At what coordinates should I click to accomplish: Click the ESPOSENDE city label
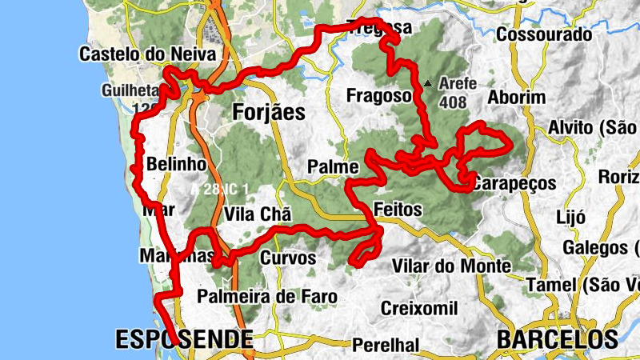pos(184,339)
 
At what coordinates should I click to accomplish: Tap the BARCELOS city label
pos(557,339)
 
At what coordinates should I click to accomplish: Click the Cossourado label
pos(544,35)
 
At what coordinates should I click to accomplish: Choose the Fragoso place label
pos(378,96)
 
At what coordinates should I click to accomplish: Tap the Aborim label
pos(517,98)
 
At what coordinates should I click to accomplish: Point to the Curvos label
pos(288,258)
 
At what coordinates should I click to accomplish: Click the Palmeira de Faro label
pos(268,297)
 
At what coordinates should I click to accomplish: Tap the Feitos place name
pos(398,209)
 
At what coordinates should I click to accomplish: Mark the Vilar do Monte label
pos(452,266)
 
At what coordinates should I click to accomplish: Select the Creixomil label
pos(418,308)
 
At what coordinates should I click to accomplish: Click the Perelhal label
pos(385,345)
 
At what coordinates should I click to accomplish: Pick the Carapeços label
pos(514,183)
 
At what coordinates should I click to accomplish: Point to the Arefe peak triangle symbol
pos(430,82)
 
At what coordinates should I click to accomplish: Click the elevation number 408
pos(453,102)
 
